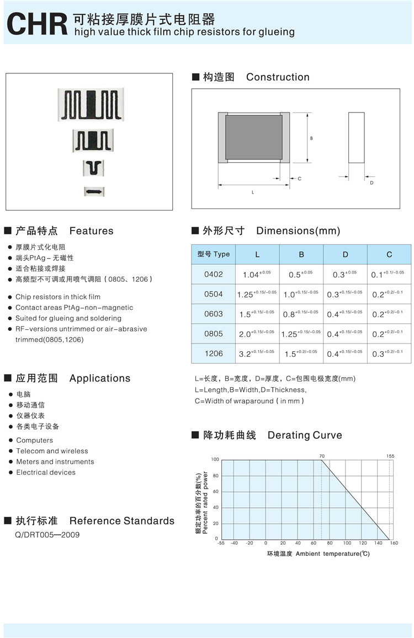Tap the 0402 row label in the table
point(214,274)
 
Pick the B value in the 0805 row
point(301,334)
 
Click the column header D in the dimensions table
point(345,254)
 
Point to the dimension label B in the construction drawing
point(311,138)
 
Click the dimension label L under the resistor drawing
point(253,192)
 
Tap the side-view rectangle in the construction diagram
point(356,137)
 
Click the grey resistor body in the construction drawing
point(254,137)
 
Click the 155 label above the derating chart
point(390,456)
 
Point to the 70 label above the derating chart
point(322,456)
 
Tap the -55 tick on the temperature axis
point(221,543)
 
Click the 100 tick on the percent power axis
point(215,459)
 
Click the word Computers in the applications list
point(35,440)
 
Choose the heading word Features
point(91,231)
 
